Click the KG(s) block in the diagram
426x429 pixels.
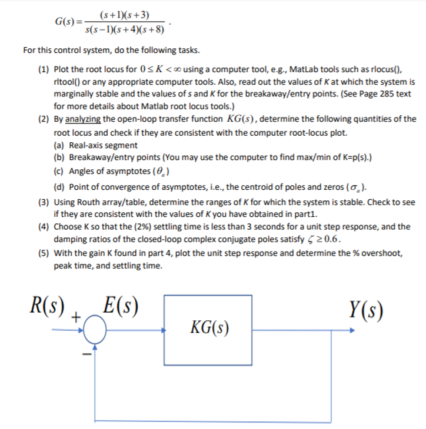[210, 327]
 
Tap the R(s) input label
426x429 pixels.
[48, 306]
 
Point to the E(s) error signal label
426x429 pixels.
[120, 306]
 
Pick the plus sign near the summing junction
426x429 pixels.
[76, 319]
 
